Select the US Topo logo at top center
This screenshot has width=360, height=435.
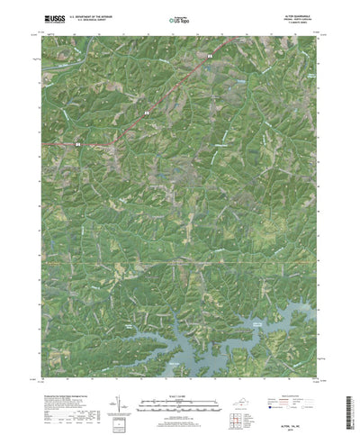coord(179,18)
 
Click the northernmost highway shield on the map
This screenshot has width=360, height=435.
coord(210,58)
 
